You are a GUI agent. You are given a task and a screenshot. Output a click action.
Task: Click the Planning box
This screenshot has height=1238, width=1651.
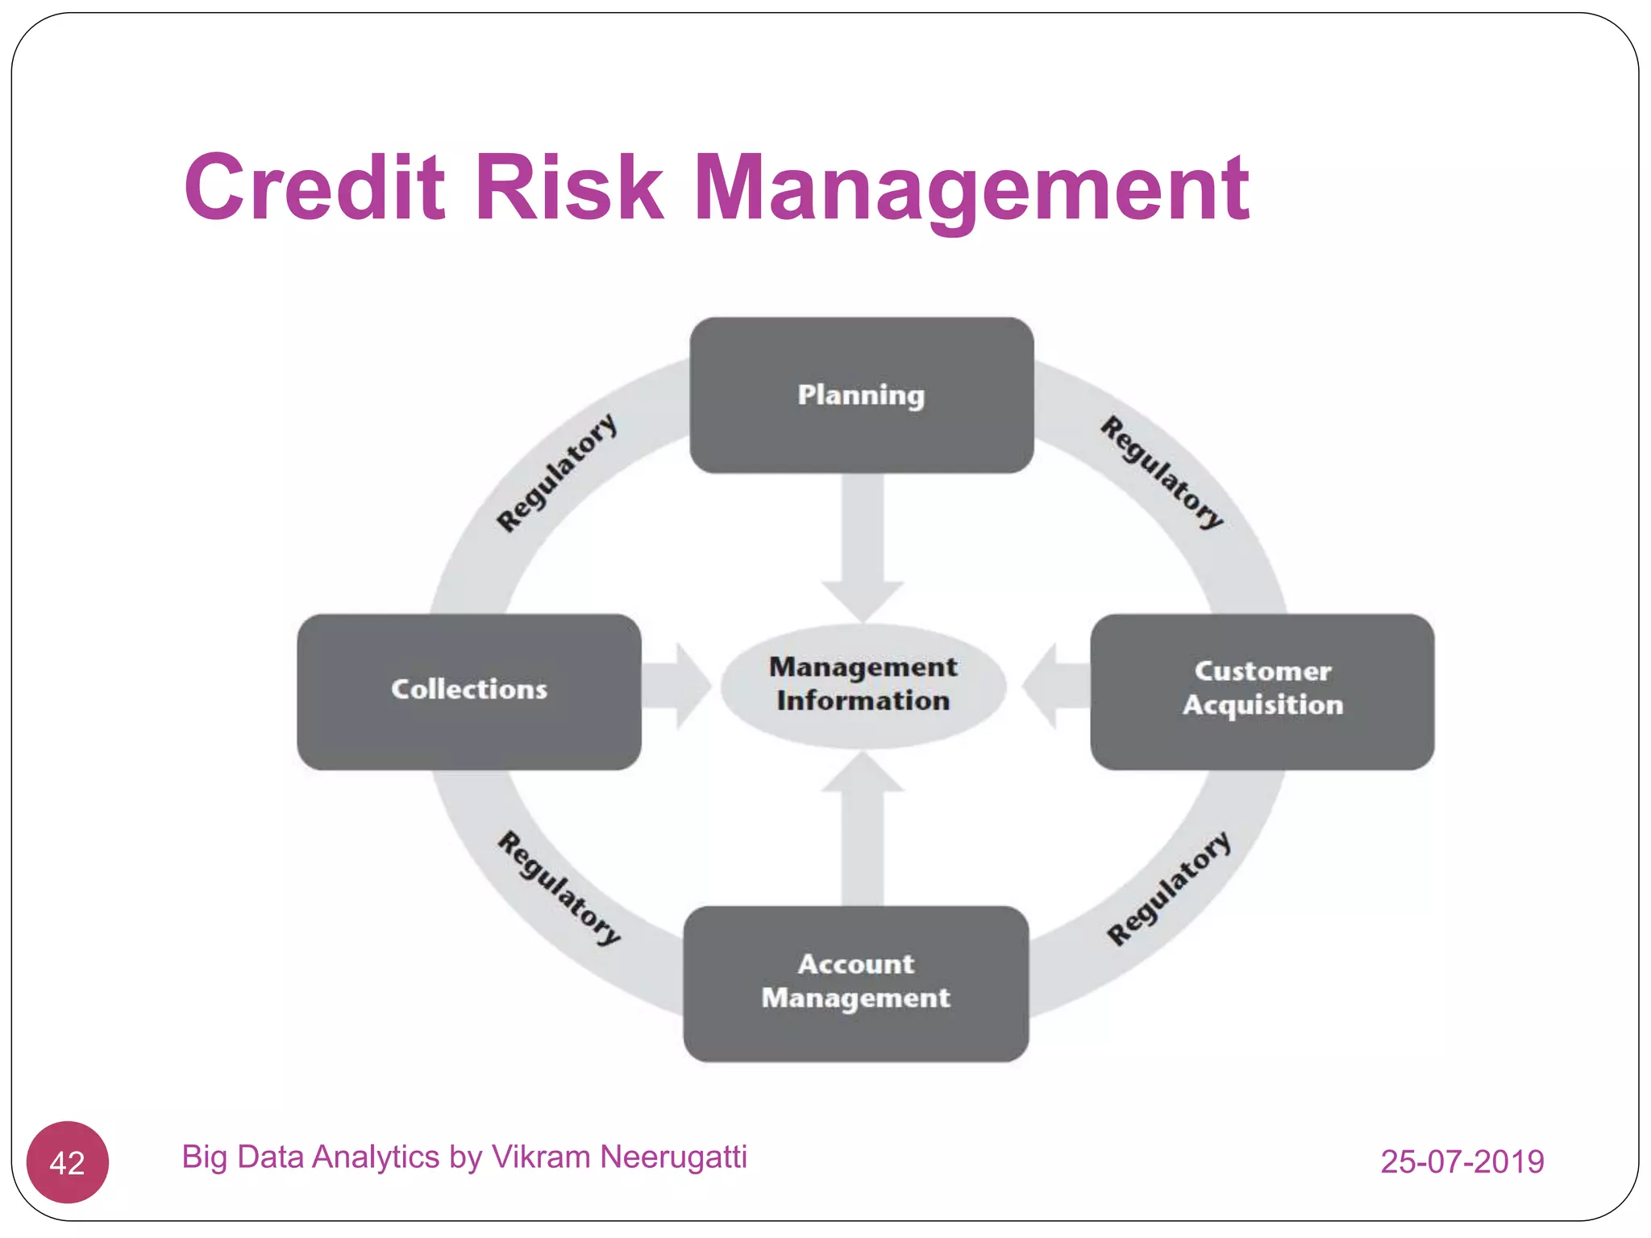[x=861, y=395]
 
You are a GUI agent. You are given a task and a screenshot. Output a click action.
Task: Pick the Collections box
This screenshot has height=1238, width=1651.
[x=468, y=691]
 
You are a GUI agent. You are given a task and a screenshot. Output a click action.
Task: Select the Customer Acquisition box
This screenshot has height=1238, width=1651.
[x=1262, y=691]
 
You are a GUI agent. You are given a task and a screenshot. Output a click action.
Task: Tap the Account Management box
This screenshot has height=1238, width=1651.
[x=855, y=983]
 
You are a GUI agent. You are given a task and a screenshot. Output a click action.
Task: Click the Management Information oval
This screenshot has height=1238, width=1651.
[x=863, y=685]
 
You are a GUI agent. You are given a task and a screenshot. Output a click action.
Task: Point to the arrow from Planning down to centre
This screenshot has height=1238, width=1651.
[x=862, y=548]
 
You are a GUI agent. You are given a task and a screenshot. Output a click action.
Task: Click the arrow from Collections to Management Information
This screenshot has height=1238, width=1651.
[x=676, y=686]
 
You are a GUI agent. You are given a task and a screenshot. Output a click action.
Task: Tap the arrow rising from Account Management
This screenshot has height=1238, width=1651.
[x=862, y=830]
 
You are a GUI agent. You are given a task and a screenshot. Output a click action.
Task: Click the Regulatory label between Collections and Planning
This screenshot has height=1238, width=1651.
[x=556, y=473]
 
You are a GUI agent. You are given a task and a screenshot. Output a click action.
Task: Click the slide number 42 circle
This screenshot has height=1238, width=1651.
[x=67, y=1162]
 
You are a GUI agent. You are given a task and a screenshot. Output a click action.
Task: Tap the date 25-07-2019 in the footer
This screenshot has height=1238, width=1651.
[x=1462, y=1161]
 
